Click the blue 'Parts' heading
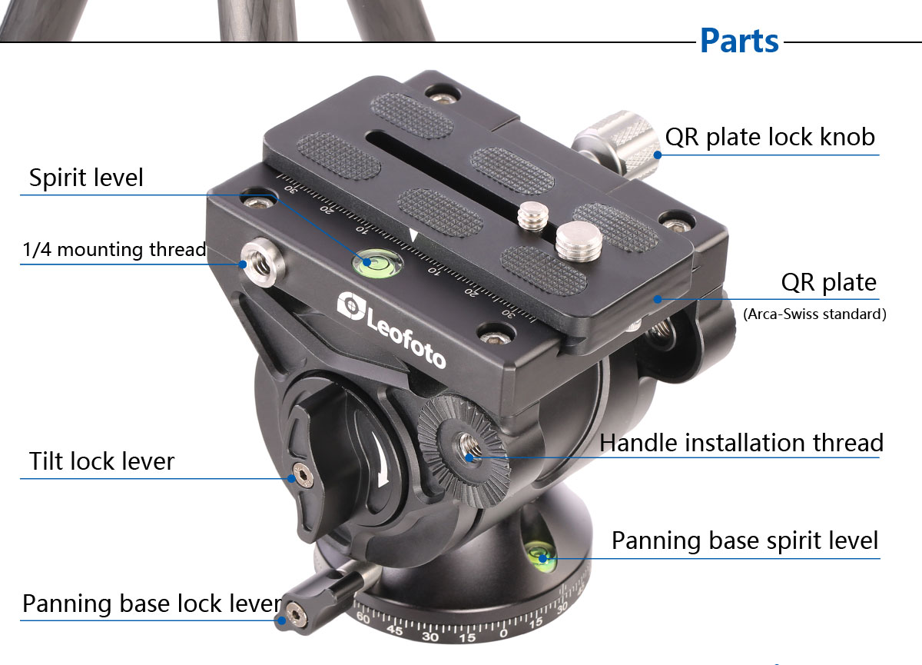739,41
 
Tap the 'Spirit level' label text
86,178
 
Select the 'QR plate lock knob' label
770,137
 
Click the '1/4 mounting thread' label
114,249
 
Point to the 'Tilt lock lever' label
101,461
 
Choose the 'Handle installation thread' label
741,443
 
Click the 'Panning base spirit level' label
745,540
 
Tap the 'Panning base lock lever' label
152,603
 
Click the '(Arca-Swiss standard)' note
814,314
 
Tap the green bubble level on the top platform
377,263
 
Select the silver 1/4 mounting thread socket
263,262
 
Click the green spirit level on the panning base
539,554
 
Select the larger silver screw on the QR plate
579,241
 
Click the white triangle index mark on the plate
413,236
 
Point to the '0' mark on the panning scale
503,633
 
